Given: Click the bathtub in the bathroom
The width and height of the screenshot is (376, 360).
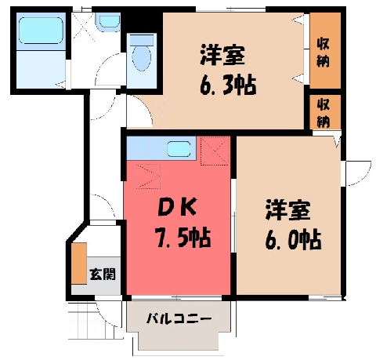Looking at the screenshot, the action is point(41,31).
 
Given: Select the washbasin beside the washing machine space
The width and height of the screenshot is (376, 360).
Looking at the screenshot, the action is point(109,21).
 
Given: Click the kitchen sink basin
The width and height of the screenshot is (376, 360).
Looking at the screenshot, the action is point(179,149).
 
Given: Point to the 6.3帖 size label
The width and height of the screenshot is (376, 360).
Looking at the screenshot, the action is point(228,85).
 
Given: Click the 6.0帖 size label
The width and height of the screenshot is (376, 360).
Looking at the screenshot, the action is point(293,239).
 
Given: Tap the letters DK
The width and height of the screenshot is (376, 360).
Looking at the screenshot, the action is point(177,207).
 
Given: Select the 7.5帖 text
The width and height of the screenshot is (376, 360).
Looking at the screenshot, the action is point(183,238).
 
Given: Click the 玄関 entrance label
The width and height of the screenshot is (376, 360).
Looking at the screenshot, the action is point(103,275).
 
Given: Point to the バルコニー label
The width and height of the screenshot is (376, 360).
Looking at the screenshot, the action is point(179,319).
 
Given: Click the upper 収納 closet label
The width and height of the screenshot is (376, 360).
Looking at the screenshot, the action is point(324,53).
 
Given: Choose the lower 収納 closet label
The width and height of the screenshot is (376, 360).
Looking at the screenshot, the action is point(324,113).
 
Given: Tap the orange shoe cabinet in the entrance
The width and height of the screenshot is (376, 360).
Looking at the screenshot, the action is point(79,264).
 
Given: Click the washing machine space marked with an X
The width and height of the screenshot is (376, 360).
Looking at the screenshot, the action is point(83,27).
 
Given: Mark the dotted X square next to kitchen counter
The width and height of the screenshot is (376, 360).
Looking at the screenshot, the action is point(215,151).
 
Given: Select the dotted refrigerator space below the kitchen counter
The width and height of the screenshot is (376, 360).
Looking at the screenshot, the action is point(148,176).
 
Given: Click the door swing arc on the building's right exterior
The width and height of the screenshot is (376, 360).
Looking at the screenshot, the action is point(362,177).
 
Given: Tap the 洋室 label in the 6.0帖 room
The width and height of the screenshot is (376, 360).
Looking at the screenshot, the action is point(287,210).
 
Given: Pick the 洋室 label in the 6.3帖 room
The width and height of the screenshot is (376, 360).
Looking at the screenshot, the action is point(222,55).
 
